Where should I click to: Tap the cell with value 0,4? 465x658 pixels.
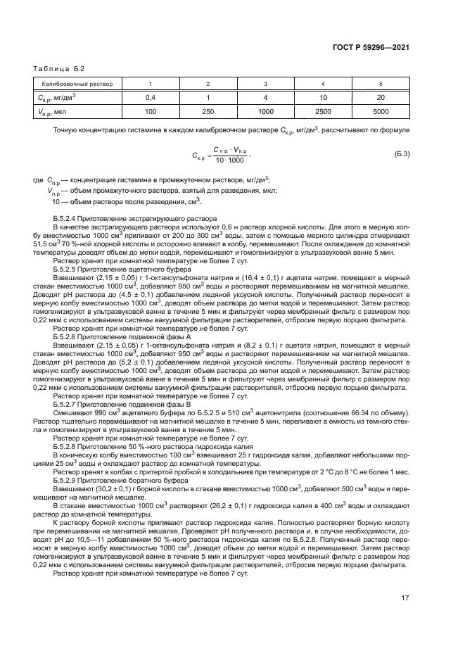pyautogui.click(x=150, y=97)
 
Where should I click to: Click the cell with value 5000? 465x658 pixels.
pyautogui.click(x=380, y=111)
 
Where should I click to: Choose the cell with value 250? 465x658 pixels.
pyautogui.click(x=208, y=111)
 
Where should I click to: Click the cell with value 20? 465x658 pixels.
pyautogui.click(x=380, y=97)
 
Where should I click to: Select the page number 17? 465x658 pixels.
pyautogui.click(x=405, y=597)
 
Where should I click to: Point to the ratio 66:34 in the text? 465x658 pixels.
pyautogui.click(x=334, y=413)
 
